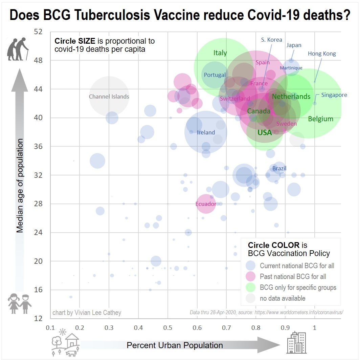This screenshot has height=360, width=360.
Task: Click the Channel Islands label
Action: point(109,97)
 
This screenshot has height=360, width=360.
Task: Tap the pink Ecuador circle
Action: point(206,204)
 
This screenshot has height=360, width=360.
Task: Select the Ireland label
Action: point(206,132)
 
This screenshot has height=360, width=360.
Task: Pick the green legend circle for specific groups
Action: point(251,288)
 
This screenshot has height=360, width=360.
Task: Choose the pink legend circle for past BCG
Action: point(251,277)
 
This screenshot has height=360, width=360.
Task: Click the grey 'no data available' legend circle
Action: point(251,298)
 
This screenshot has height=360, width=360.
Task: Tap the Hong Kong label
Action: point(322,54)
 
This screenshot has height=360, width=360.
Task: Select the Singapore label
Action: point(334,95)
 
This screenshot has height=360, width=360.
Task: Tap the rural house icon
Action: point(66,343)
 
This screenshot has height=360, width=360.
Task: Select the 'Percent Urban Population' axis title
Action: point(175,345)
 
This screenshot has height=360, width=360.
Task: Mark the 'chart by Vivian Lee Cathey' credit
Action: point(87,313)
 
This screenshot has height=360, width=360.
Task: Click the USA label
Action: point(265,133)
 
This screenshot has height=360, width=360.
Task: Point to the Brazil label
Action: point(279,168)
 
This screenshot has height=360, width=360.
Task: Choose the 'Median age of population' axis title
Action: point(20,185)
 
